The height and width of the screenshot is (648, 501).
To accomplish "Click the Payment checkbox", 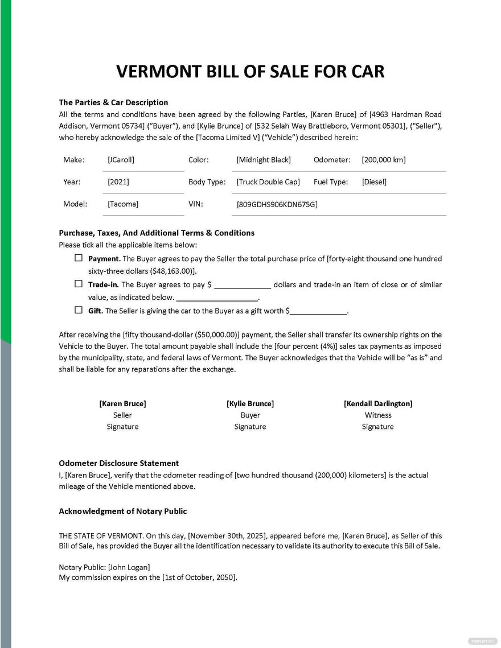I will pos(79,258).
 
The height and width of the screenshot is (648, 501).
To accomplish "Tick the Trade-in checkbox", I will pos(79,284).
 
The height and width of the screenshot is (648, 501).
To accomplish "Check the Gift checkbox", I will pos(79,310).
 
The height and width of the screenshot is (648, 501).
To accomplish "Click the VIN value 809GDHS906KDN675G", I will pos(277,204).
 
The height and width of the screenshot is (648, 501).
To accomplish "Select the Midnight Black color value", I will pos(264,160).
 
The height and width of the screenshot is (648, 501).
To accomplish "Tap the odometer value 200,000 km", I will pos(383,160).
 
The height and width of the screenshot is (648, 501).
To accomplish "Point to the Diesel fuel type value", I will pos(374,182).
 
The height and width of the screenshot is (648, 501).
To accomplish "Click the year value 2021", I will pos(118,182).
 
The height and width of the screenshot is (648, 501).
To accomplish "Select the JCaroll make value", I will pos(121,160).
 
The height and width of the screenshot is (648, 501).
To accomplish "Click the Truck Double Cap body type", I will pos(268,182).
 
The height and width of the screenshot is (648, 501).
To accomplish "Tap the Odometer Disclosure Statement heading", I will pos(118,463).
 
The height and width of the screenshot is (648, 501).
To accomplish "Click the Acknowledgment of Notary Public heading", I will pos(122,511).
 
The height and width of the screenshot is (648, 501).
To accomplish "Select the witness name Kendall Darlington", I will pos(378,403).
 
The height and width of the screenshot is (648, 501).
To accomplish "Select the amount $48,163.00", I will pos(173,271).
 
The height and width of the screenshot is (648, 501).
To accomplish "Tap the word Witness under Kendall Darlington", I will pos(378,415).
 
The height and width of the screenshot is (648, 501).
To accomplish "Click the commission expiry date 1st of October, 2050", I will pos(199,577).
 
